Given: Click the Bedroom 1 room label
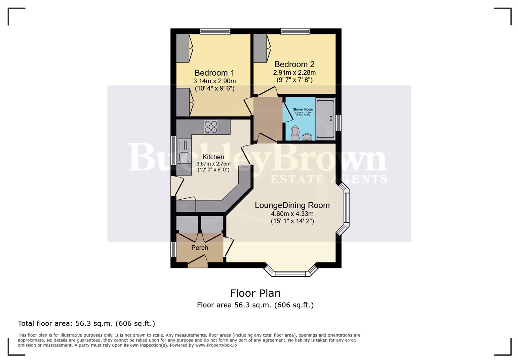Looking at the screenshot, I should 214,73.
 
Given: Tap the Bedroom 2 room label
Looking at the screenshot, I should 294,64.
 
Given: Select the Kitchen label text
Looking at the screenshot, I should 213,157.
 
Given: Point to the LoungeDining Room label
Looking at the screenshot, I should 292,205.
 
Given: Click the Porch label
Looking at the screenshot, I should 200,248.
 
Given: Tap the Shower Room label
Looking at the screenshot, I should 303,110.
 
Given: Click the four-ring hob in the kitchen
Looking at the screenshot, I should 211,127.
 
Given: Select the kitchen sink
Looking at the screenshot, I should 184,157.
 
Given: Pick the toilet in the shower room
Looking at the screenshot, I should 295,133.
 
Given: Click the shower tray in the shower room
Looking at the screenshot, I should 325,119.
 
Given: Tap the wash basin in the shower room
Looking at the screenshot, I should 307,137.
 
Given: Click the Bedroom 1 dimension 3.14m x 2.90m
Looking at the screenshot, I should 214,81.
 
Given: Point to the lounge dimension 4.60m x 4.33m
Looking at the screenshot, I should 292,214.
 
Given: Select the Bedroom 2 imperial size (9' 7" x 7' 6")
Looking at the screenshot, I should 294,80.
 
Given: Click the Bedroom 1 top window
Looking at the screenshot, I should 215,31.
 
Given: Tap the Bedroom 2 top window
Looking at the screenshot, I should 295,31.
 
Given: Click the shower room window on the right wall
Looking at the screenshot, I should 339,123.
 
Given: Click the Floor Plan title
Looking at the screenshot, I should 255,293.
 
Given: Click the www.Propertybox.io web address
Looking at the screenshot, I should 216,345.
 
